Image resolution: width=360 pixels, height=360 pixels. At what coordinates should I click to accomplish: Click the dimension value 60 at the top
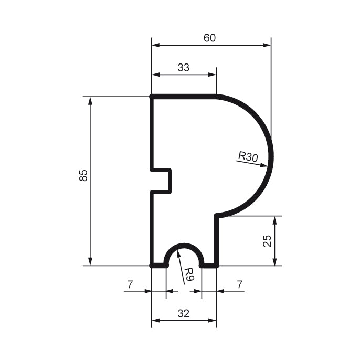pos(210,38)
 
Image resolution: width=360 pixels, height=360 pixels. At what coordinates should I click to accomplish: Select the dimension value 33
pos(183,67)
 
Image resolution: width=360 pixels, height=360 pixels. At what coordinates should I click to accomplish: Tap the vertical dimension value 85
pos(83,176)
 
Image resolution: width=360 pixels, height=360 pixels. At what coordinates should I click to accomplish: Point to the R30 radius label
pos(248,156)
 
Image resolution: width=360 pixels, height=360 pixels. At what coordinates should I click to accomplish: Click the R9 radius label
pos(189,273)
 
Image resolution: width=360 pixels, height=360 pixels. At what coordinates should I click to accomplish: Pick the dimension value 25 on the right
pos(267,241)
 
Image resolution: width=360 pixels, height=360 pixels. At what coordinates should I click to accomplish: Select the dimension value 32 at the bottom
pos(183,313)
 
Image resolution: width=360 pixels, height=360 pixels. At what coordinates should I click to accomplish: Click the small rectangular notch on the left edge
pos(162,181)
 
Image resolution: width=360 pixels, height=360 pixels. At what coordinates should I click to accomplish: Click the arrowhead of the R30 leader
pos(269,165)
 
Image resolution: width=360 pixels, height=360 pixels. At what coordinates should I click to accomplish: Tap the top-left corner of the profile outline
pos(152,97)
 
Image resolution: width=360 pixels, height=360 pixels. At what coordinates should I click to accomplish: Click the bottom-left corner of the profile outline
pos(152,266)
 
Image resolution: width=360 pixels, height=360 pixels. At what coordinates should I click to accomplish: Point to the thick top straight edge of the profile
pos(184,97)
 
